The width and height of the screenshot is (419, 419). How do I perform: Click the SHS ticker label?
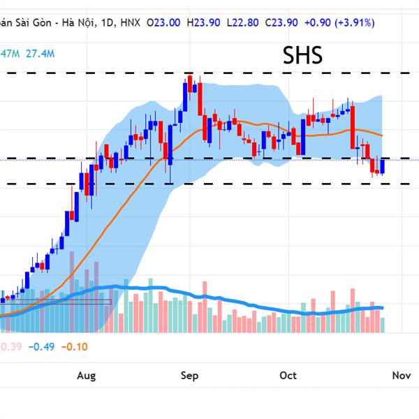pyautogui.click(x=302, y=56)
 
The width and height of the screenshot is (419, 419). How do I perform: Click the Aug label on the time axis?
pyautogui.click(x=86, y=376)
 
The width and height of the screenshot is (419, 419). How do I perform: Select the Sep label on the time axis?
pyautogui.click(x=189, y=376)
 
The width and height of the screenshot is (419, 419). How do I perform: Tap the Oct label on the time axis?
pyautogui.click(x=288, y=376)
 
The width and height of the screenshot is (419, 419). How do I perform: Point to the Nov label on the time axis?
pyautogui.click(x=401, y=376)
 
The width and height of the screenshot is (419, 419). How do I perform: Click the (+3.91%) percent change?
pyautogui.click(x=356, y=23)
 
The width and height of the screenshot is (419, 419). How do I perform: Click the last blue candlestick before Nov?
pyautogui.click(x=382, y=167)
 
